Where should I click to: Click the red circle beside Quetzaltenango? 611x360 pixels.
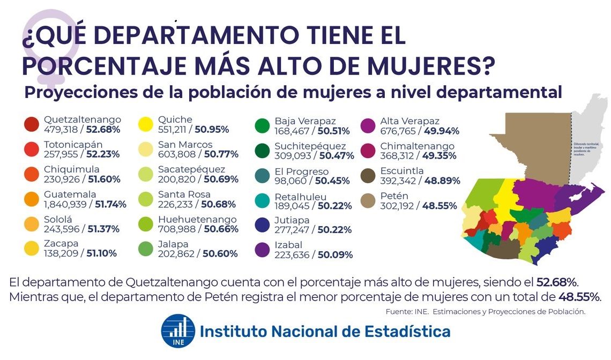tap(32, 124)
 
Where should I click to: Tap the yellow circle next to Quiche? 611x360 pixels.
tap(146, 124)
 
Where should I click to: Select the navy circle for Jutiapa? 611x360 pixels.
tap(263, 225)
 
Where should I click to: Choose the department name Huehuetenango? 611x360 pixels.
tap(197, 220)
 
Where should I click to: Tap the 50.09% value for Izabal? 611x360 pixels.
tap(335, 255)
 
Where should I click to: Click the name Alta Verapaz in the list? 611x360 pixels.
tap(410, 121)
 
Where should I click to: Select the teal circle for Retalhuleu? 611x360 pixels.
tap(263, 200)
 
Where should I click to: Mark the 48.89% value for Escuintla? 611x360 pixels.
tap(442, 181)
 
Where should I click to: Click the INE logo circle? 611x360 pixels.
tap(178, 332)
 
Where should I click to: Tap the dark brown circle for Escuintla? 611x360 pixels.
tap(368, 176)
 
